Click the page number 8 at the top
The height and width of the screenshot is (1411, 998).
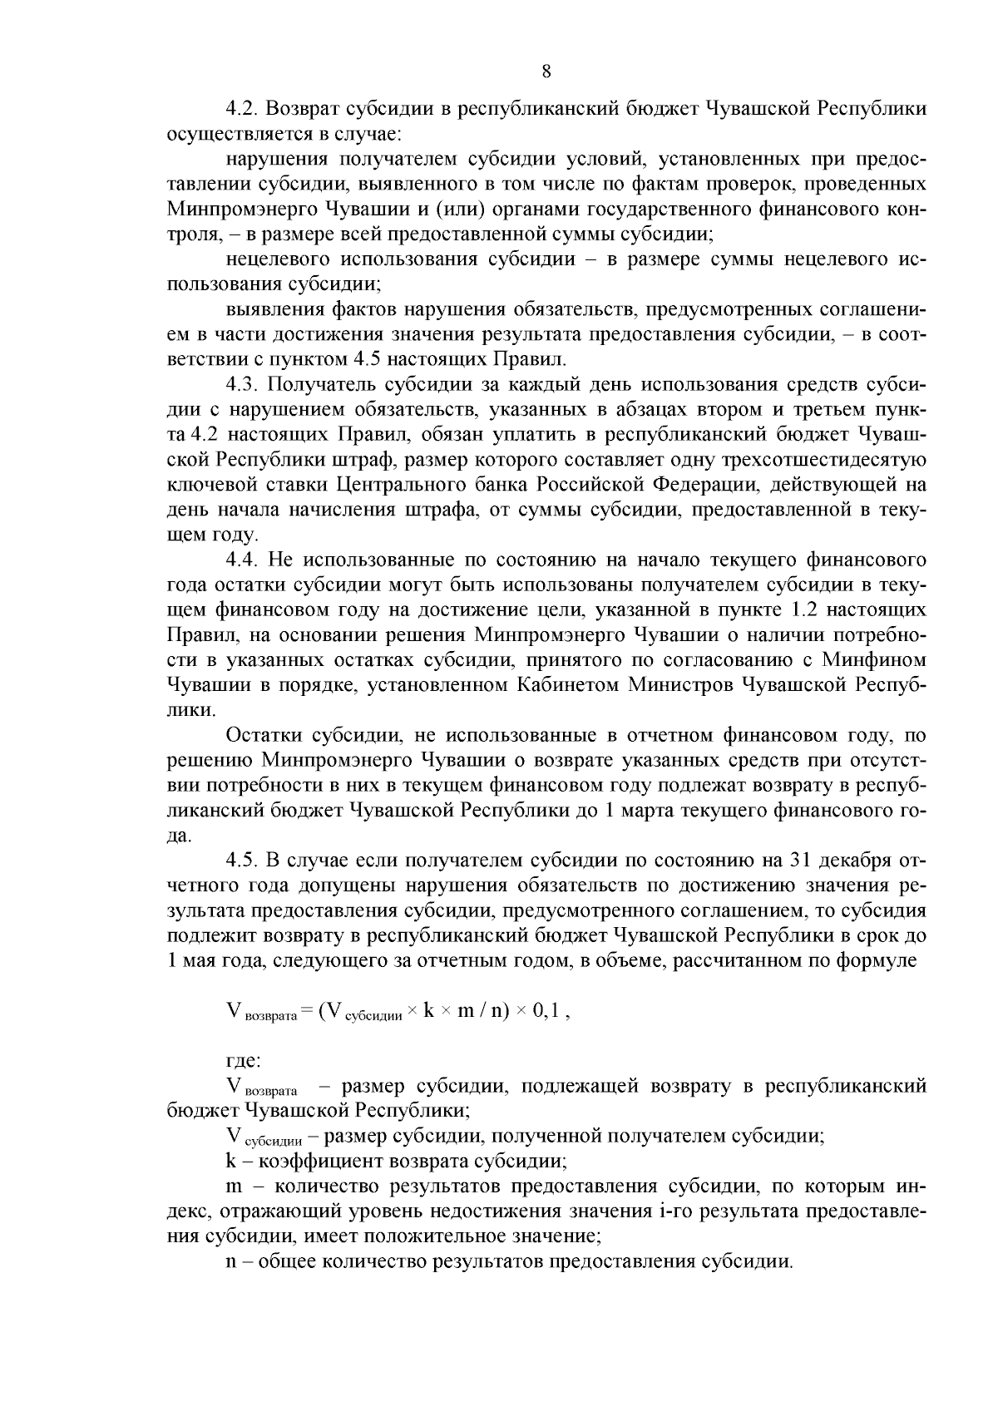546,72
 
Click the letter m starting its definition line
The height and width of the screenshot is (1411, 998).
233,1187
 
